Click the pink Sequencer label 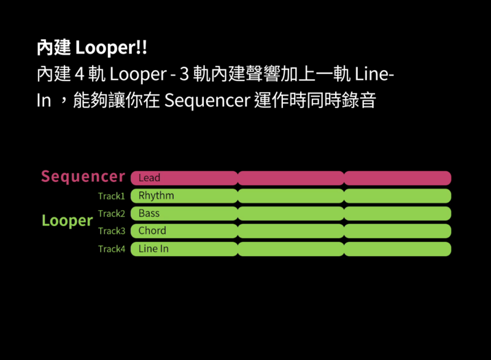click(x=83, y=176)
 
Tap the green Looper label click(x=68, y=221)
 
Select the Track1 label click(x=112, y=196)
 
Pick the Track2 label click(x=112, y=214)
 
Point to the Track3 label click(x=112, y=231)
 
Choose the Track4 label click(x=112, y=249)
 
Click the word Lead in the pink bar click(x=149, y=178)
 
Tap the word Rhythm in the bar click(x=157, y=196)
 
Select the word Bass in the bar click(x=149, y=213)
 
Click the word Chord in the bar click(x=152, y=230)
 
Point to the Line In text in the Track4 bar click(x=153, y=249)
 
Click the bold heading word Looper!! click(x=111, y=48)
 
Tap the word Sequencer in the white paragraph click(x=207, y=101)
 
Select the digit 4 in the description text click(x=80, y=74)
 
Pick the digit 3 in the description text click(x=184, y=74)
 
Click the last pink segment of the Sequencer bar click(x=398, y=178)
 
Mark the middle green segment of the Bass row click(x=291, y=213)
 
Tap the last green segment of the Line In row click(x=398, y=249)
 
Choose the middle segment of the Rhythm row click(x=291, y=196)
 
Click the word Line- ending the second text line click(x=374, y=74)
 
